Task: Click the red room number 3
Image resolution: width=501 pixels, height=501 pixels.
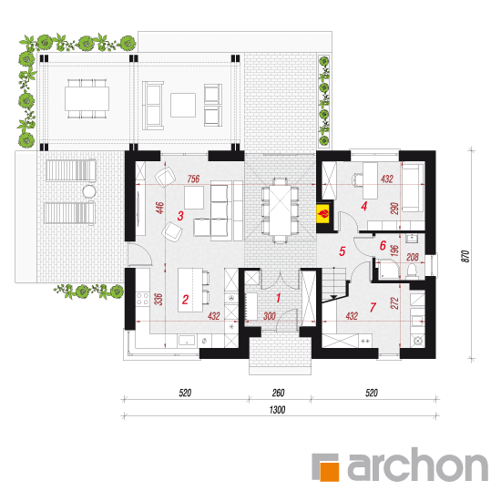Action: [x=180, y=216]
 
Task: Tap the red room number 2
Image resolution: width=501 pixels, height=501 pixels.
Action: [x=185, y=300]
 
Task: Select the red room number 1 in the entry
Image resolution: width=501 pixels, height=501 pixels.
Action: [x=279, y=298]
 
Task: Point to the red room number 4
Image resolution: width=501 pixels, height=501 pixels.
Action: [x=364, y=206]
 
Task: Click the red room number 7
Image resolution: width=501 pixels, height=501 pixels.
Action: [x=373, y=307]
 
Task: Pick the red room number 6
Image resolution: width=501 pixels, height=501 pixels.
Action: [x=383, y=245]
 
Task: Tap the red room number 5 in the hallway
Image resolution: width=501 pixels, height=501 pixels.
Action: [x=343, y=251]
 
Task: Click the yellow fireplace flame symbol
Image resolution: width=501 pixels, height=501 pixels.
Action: [x=323, y=213]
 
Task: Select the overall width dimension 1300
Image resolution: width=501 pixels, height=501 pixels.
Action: [x=277, y=410]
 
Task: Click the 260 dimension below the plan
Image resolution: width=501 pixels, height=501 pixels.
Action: [x=279, y=393]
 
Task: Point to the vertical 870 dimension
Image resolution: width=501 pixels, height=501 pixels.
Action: [x=465, y=256]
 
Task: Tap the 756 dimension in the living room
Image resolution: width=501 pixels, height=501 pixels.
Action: [x=193, y=179]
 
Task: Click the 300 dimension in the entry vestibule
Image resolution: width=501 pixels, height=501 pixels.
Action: [x=270, y=316]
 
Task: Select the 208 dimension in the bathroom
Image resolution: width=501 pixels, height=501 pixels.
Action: [x=413, y=257]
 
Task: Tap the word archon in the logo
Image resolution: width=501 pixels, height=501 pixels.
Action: [x=417, y=465]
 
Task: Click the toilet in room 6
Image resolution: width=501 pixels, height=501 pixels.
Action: [x=413, y=271]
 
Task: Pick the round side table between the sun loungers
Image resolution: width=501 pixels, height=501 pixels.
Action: [x=89, y=191]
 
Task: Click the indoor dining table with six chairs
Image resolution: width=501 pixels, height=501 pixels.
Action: [x=280, y=211]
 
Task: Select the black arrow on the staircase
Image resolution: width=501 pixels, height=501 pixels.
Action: [x=333, y=297]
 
